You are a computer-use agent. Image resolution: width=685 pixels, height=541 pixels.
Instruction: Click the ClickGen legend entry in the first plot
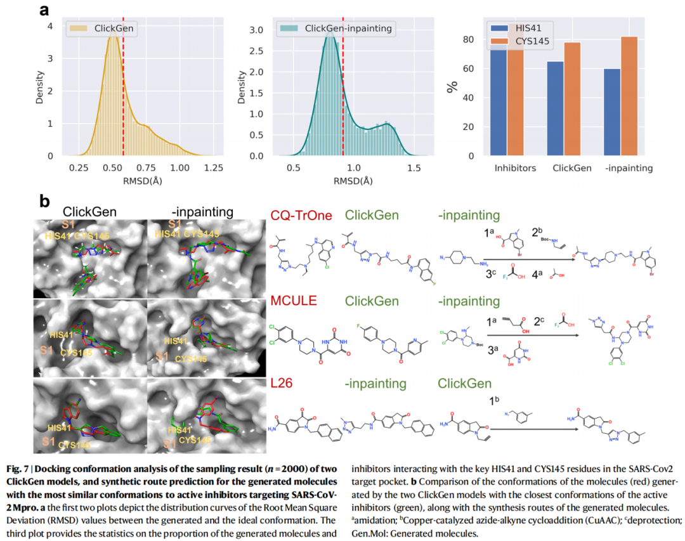coord(111,28)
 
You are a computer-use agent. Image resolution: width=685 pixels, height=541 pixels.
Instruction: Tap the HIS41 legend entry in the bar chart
coord(517,28)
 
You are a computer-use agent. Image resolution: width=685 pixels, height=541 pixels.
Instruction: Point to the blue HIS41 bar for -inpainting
coord(612,112)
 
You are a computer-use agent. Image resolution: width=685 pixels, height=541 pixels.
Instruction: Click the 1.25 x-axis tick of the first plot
coord(213,168)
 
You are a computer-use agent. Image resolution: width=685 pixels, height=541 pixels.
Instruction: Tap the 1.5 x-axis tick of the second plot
coord(414,168)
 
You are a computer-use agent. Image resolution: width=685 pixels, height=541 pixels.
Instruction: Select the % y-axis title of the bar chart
coord(452,86)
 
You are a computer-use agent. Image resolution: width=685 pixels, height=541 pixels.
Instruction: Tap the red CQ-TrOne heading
coord(301,216)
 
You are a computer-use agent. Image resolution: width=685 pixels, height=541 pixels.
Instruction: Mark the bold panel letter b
coord(44,202)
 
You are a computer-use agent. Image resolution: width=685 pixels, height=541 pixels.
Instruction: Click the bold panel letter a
coord(44,10)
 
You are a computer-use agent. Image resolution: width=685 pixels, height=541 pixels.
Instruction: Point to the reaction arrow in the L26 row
coord(533,430)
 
